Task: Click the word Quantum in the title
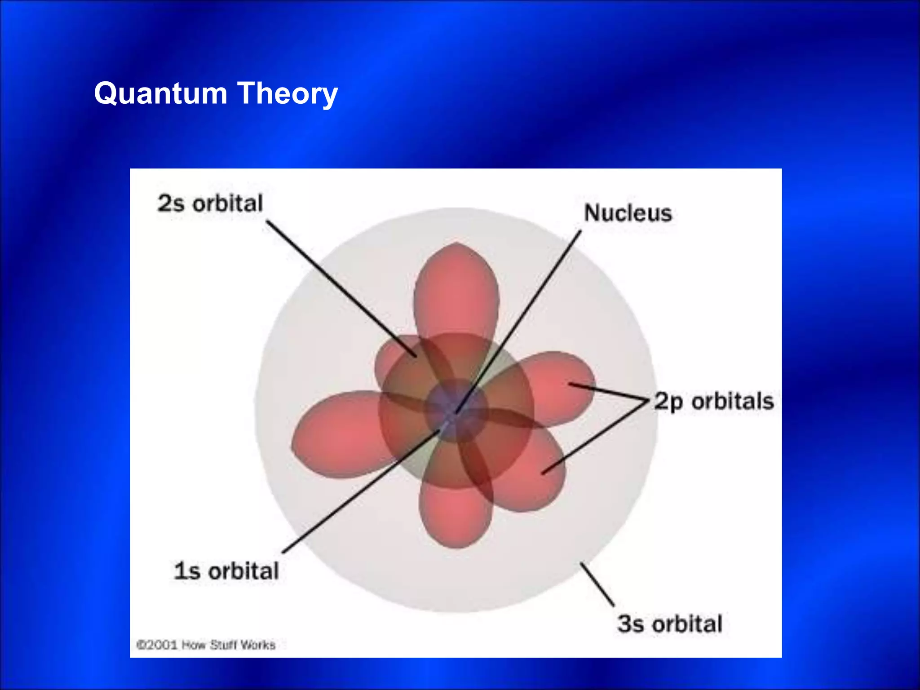coord(160,93)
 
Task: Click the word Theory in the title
coord(287,93)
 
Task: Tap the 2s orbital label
coord(210,203)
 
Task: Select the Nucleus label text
coord(628,213)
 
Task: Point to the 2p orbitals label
coord(713,401)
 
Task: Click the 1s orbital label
coord(226,571)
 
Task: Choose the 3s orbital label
coord(669,624)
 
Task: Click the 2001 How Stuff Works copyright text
coord(206,645)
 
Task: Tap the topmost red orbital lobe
coord(456,287)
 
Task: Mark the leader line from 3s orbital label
coord(597,584)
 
